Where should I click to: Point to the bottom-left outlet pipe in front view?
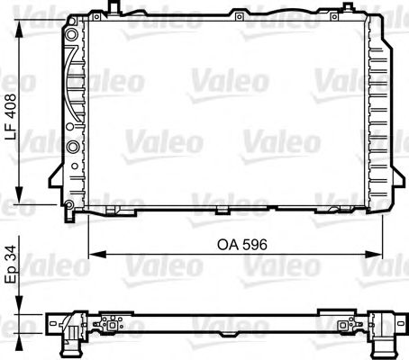[69, 212]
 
